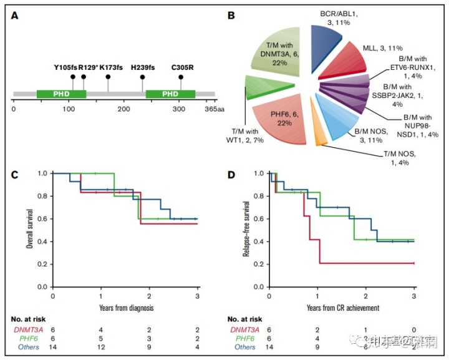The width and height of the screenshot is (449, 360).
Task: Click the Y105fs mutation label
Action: tap(65, 66)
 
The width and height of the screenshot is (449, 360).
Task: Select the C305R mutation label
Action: tap(181, 66)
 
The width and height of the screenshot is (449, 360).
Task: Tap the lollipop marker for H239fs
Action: tap(143, 77)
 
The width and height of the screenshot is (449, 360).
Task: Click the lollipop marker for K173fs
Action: tap(109, 77)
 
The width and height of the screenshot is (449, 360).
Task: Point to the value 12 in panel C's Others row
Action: tap(100, 347)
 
